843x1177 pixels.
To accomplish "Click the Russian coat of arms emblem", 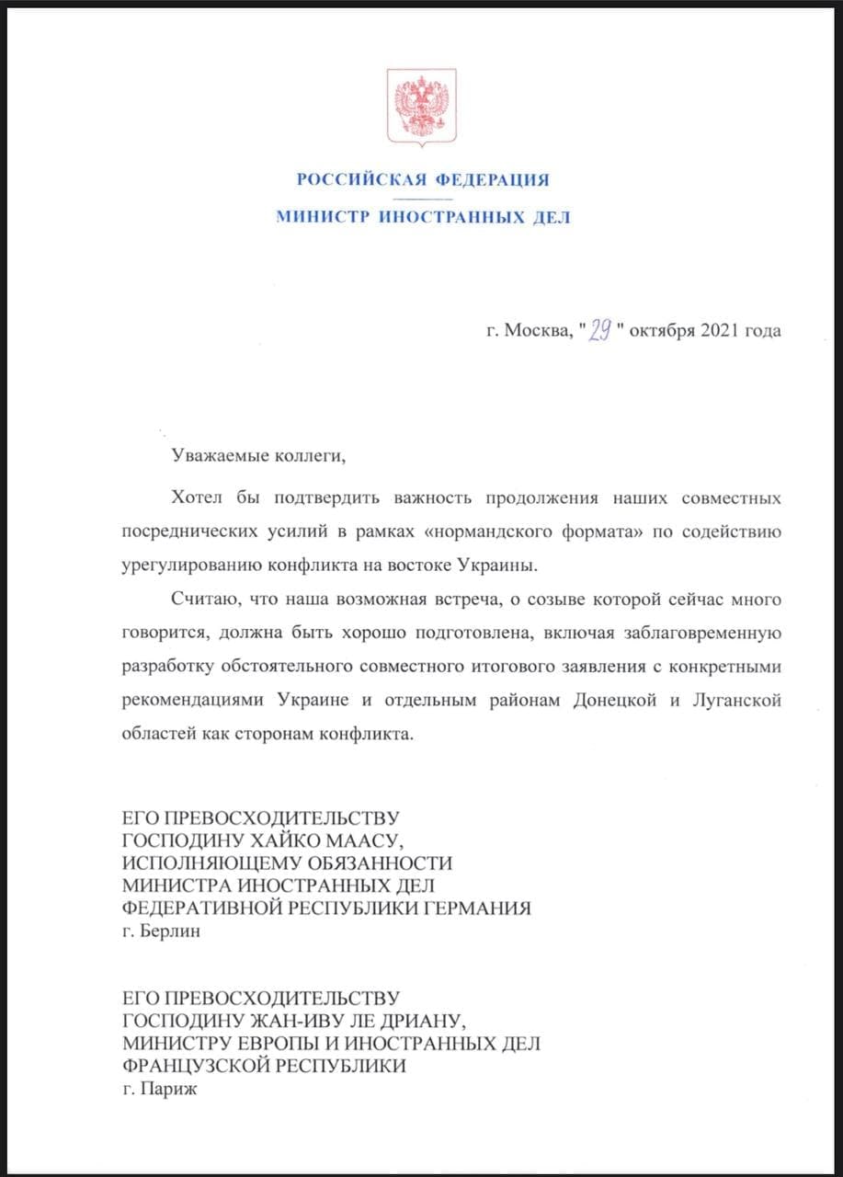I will pos(421,107).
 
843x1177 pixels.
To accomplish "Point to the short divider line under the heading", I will pos(422,199).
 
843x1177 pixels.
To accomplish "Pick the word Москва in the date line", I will pos(536,330).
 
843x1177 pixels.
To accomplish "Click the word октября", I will pos(663,330).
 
